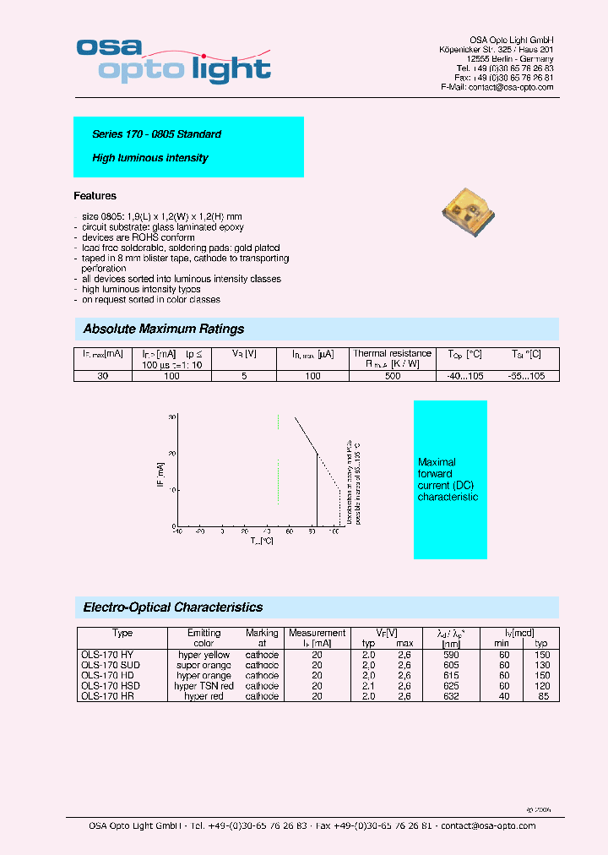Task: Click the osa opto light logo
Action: click(173, 60)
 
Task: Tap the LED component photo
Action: click(472, 210)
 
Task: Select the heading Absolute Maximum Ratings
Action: click(164, 329)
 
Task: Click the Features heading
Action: click(95, 196)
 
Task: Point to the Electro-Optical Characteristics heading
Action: click(173, 607)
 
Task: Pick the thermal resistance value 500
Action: click(393, 375)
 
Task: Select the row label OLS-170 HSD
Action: click(111, 686)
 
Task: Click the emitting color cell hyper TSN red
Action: click(204, 686)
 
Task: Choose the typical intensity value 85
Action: click(543, 696)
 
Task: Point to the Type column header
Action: click(122, 633)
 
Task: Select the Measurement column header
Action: click(317, 633)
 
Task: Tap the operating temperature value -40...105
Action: click(465, 375)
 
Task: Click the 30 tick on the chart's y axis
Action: click(172, 417)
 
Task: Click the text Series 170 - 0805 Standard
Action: click(156, 134)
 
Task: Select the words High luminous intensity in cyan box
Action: click(149, 158)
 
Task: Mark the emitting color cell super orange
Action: click(204, 665)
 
